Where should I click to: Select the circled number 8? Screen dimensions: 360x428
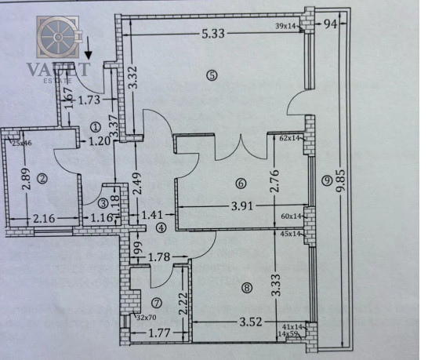click(x=247, y=288)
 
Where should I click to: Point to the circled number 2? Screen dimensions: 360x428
click(x=43, y=178)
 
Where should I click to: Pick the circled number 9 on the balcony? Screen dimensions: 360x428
click(x=326, y=181)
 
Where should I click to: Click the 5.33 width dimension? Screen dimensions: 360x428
click(x=214, y=33)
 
